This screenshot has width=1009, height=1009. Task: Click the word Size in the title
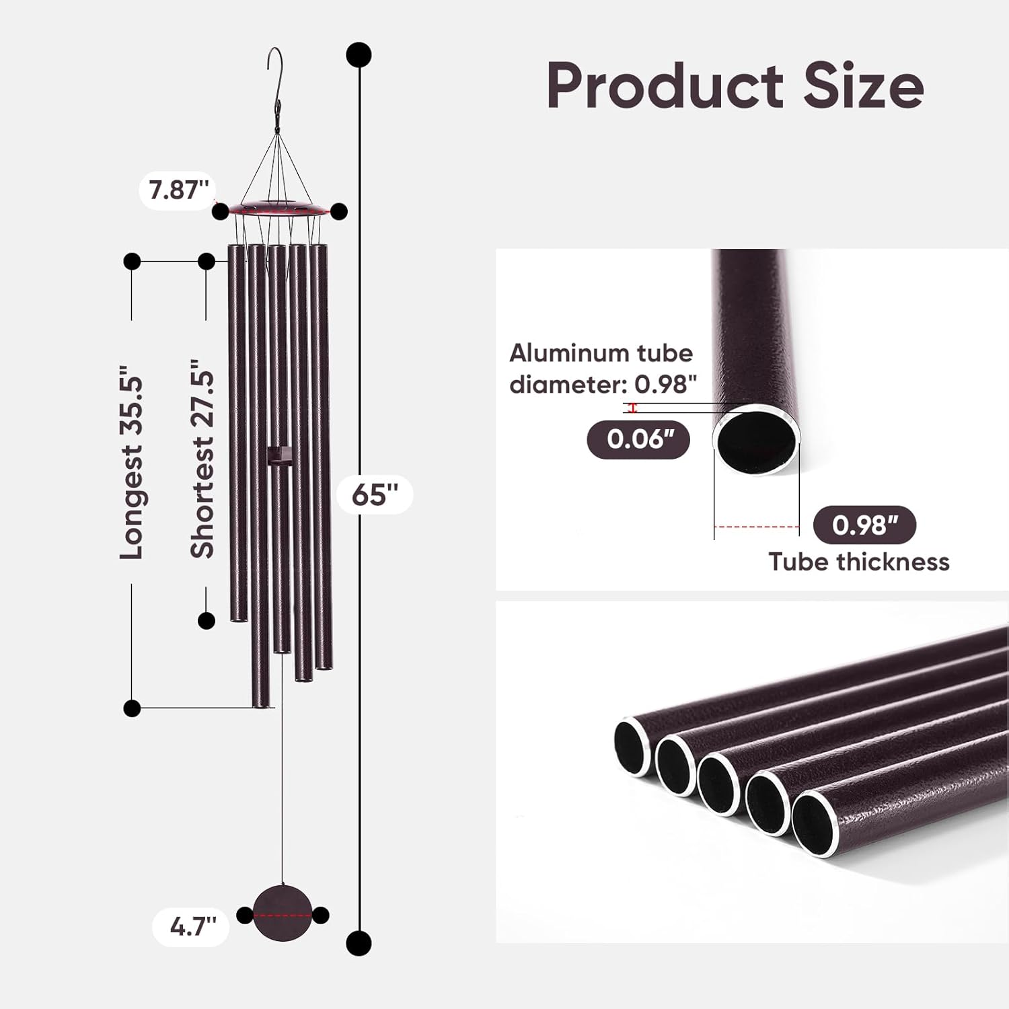tap(864, 85)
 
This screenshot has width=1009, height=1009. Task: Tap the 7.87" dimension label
tap(178, 190)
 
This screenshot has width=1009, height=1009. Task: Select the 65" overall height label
tap(375, 495)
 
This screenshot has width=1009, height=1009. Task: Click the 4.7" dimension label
tap(192, 927)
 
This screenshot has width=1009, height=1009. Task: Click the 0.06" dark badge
tap(639, 439)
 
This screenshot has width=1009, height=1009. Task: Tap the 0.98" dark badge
tap(865, 525)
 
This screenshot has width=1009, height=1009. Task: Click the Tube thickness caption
tap(859, 562)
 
